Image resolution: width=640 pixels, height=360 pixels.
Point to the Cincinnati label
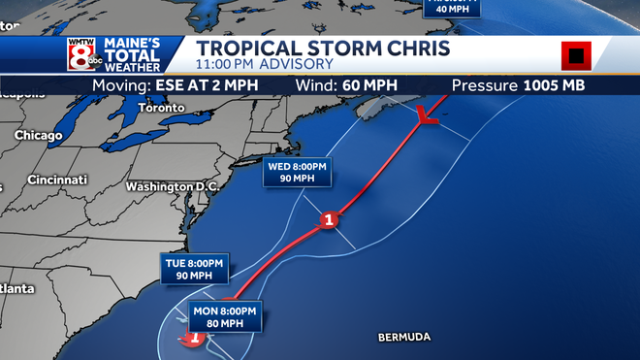click(x=59, y=180)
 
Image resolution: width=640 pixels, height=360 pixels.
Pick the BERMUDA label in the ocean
click(x=403, y=337)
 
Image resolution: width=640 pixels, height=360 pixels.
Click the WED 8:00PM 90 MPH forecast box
click(x=299, y=173)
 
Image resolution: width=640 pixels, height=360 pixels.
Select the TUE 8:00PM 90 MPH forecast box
click(x=194, y=269)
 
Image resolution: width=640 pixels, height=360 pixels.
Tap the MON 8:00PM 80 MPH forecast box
click(x=224, y=316)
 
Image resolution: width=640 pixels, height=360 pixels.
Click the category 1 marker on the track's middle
click(x=330, y=220)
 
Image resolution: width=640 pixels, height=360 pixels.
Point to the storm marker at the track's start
click(x=193, y=338)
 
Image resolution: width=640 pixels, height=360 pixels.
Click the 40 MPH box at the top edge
click(x=454, y=8)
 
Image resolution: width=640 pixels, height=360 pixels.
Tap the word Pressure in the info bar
click(x=485, y=85)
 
